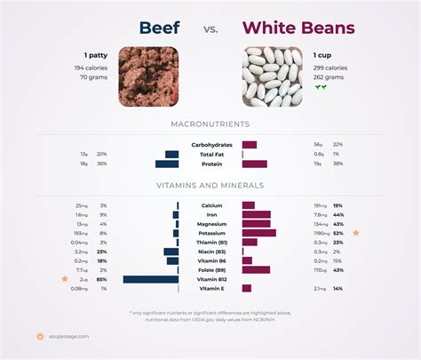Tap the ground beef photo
pyautogui.click(x=147, y=76)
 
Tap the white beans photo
pyautogui.click(x=272, y=76)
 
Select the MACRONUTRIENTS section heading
pyautogui.click(x=210, y=124)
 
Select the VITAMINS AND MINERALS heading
pyautogui.click(x=210, y=186)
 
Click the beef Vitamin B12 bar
pyautogui.click(x=151, y=279)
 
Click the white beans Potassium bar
pyautogui.click(x=258, y=233)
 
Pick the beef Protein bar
pyautogui.click(x=167, y=164)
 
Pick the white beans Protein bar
pyautogui.click(x=254, y=164)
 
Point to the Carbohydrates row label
pyautogui.click(x=211, y=144)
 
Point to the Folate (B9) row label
pyautogui.click(x=211, y=269)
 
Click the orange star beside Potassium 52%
pyautogui.click(x=356, y=233)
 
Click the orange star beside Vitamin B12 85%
pyautogui.click(x=64, y=279)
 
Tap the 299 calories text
pyautogui.click(x=330, y=68)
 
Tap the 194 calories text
pyautogui.click(x=91, y=68)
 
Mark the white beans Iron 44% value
pyautogui.click(x=338, y=214)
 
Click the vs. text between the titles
pyautogui.click(x=210, y=29)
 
